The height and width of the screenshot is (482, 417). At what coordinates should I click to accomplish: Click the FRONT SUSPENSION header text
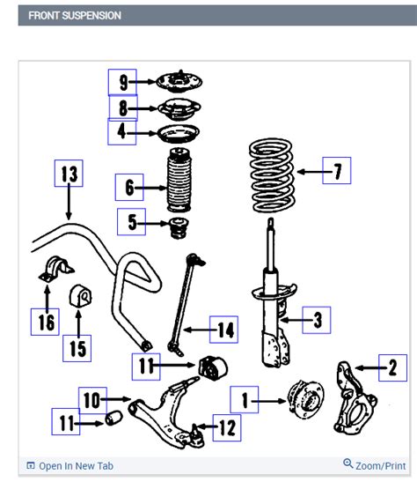tap(75, 15)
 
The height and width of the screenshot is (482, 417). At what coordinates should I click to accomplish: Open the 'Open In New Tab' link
tap(76, 466)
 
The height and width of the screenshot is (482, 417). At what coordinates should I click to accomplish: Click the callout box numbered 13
tap(69, 174)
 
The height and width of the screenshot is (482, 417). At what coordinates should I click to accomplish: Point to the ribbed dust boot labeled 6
tap(179, 185)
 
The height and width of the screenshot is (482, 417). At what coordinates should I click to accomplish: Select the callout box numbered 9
tap(123, 83)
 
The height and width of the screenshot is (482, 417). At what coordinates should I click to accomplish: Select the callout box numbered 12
tap(226, 429)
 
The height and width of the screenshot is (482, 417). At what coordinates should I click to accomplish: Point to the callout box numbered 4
tap(122, 132)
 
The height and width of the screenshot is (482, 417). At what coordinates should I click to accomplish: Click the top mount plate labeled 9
tap(179, 83)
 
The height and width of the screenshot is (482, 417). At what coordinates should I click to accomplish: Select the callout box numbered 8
tap(122, 108)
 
